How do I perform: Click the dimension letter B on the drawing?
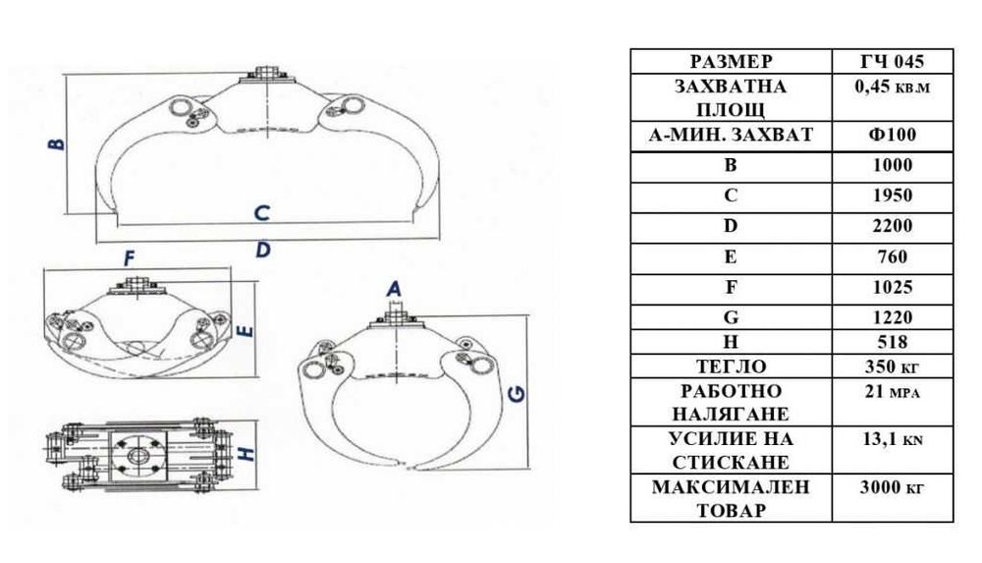click(x=56, y=143)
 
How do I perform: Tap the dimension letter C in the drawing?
click(x=262, y=213)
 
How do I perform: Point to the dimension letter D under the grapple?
click(x=263, y=250)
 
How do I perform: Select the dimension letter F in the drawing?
click(x=129, y=258)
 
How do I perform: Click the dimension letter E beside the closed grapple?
click(x=246, y=330)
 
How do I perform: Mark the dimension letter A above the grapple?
click(x=394, y=289)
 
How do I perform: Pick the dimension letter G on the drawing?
click(x=518, y=394)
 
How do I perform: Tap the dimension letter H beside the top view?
click(x=248, y=453)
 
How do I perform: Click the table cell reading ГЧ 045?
click(x=892, y=62)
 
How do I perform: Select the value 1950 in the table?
click(x=893, y=196)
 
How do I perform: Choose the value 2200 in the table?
click(x=893, y=226)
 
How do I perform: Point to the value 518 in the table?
click(x=893, y=342)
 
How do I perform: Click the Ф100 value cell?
click(x=893, y=135)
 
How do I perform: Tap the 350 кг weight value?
click(x=893, y=366)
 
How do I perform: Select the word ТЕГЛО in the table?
click(x=731, y=366)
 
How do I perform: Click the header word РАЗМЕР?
click(x=731, y=62)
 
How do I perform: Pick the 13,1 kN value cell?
click(x=893, y=439)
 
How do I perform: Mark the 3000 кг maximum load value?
click(x=893, y=487)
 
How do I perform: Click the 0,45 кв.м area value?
click(x=893, y=85)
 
